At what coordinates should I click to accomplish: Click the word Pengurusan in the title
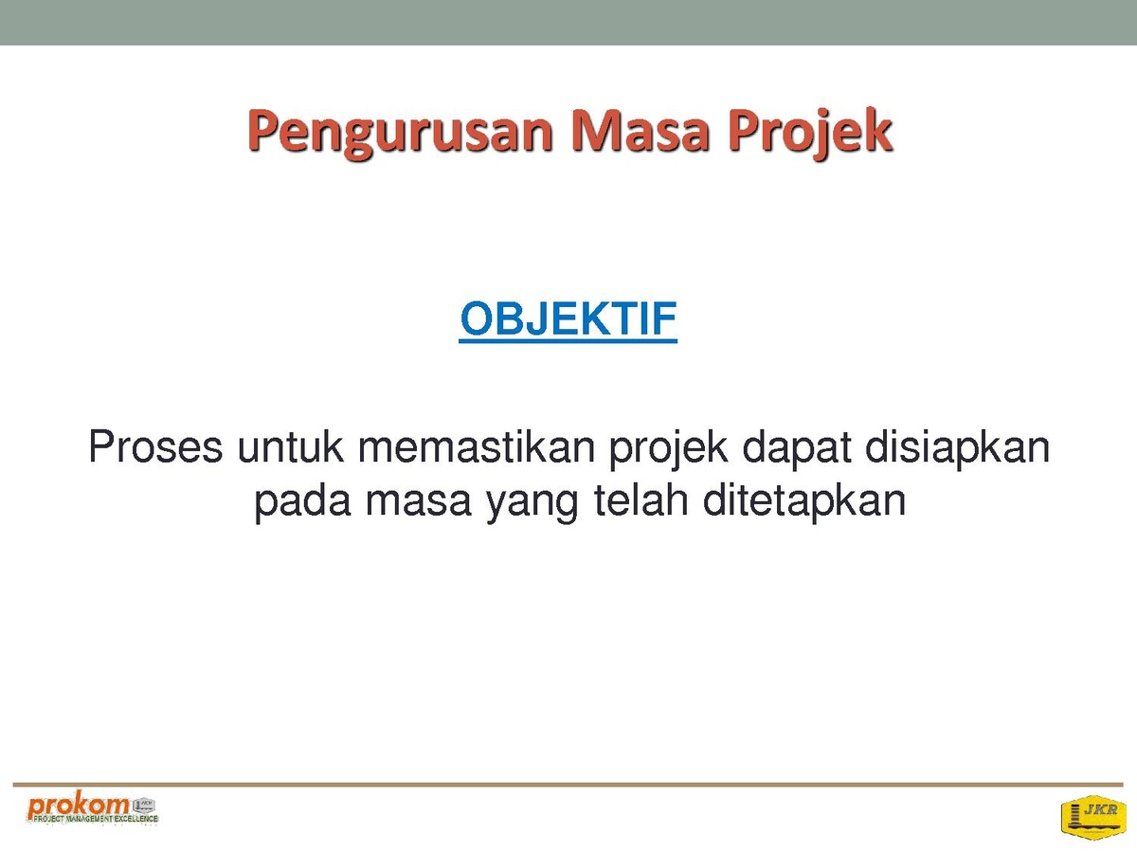(x=401, y=133)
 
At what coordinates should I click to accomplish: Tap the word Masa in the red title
(x=640, y=130)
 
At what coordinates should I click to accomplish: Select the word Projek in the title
(x=810, y=133)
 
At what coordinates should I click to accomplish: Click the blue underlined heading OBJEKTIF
(x=568, y=319)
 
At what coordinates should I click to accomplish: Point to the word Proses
(x=155, y=446)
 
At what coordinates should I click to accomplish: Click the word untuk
(x=290, y=446)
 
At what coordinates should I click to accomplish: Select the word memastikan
(x=476, y=446)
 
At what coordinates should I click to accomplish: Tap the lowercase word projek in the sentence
(x=668, y=449)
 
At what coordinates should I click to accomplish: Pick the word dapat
(x=797, y=449)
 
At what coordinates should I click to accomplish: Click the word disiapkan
(x=957, y=449)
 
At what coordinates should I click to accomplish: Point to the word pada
(x=302, y=503)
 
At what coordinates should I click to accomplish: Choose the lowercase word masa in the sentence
(x=418, y=502)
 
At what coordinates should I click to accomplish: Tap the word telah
(x=641, y=499)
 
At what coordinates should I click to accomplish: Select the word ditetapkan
(x=803, y=503)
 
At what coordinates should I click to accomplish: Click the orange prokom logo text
(x=78, y=806)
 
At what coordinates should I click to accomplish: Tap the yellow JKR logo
(x=1093, y=817)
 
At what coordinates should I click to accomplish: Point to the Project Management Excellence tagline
(x=96, y=819)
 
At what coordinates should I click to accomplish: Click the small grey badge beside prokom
(x=144, y=806)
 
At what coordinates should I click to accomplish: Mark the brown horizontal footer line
(x=568, y=785)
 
